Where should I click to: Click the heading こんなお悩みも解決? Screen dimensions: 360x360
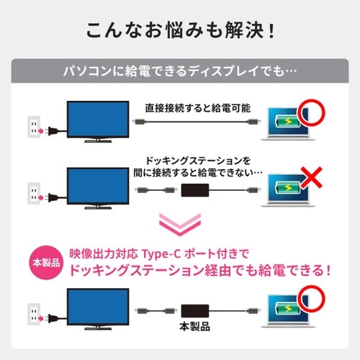click(x=179, y=32)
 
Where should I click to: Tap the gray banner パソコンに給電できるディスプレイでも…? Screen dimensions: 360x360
click(x=179, y=73)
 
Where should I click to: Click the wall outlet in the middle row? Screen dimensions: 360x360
click(x=32, y=193)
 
